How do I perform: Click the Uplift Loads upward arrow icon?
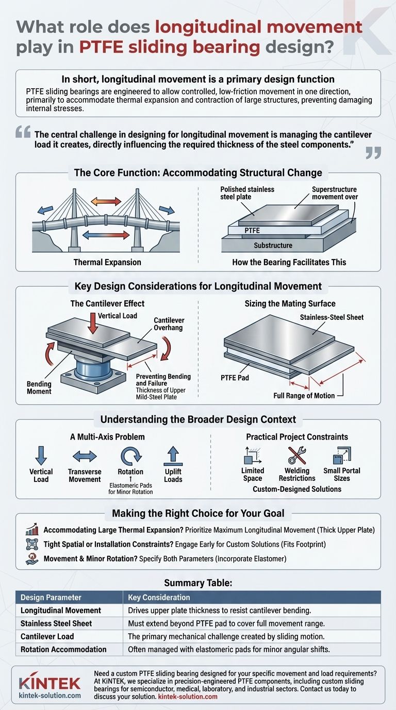coord(173,457)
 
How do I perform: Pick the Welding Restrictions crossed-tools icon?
coord(298,456)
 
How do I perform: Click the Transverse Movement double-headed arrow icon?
coord(85,457)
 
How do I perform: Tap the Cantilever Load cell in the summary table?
coord(47,636)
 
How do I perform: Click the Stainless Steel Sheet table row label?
coord(56,623)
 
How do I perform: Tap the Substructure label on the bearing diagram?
coord(273,245)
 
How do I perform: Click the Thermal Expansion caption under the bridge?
coord(107,262)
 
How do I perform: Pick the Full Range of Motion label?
coord(304,395)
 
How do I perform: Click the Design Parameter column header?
coord(51,598)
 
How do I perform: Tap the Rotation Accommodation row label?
coord(63,649)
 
